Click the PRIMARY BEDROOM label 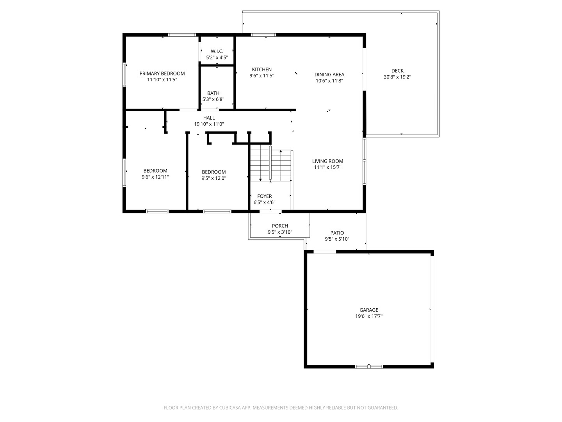coord(162,73)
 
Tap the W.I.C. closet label coord(217,51)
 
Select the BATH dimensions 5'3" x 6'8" coord(213,100)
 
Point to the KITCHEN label coord(261,70)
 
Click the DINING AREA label coord(329,75)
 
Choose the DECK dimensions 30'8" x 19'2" coord(397,77)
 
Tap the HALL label coord(209,118)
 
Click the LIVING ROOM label coord(327,161)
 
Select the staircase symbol coord(270,165)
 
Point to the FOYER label coord(264,196)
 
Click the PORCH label coord(280,226)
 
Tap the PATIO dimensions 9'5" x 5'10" coord(337,239)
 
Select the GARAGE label coord(368,310)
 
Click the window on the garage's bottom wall coord(369,367)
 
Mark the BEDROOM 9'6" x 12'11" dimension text coord(155,177)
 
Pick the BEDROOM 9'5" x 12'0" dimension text coord(213,178)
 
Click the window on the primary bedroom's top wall coord(182,35)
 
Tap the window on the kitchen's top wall coord(263,35)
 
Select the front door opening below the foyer coord(270,211)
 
